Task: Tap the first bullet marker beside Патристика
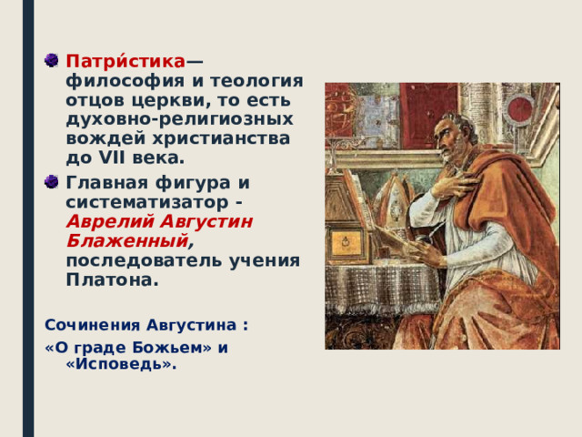click(50, 61)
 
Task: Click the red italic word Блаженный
click(126, 240)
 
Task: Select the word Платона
click(112, 280)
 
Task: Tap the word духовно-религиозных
click(179, 118)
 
